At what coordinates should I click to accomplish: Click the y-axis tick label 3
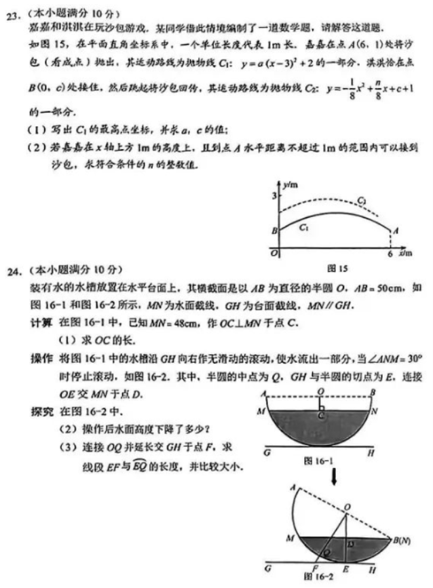pyautogui.click(x=275, y=196)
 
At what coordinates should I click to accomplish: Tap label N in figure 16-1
pyautogui.click(x=375, y=410)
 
